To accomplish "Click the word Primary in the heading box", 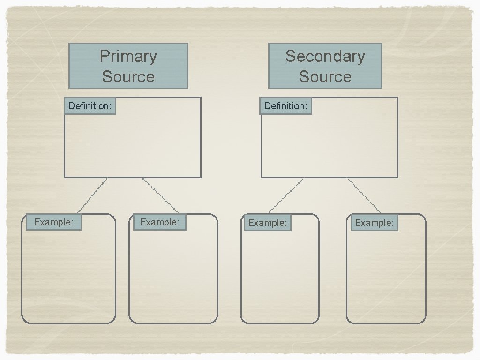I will [x=128, y=57].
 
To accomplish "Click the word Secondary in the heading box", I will [x=325, y=56].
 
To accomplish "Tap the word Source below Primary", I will [x=128, y=76].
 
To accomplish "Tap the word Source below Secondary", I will [x=325, y=76].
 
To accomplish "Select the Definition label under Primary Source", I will [x=90, y=106].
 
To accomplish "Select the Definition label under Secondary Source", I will [x=286, y=106].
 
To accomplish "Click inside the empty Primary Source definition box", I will [x=141, y=145].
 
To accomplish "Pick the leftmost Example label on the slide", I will [x=54, y=222].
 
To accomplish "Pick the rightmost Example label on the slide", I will [x=374, y=223].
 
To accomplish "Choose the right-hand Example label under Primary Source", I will [x=160, y=222].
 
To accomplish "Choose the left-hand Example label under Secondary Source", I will [x=267, y=223].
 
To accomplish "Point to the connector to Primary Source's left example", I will [x=92, y=195].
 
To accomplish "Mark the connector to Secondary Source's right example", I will [x=364, y=195].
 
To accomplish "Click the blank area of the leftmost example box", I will [x=68, y=277].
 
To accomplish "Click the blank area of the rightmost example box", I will [x=386, y=277].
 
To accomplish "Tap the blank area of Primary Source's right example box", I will [x=173, y=277].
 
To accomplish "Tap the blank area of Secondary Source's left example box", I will [x=280, y=277].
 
